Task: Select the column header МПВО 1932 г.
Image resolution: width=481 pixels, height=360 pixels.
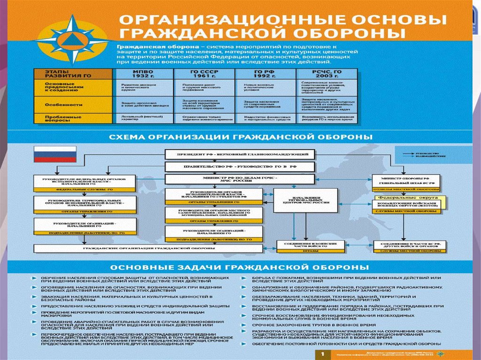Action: coord(143,74)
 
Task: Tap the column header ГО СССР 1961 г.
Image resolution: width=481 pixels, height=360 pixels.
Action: coord(203,74)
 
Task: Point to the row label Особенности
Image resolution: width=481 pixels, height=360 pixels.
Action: coord(58,105)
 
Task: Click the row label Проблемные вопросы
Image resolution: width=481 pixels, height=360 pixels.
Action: coord(58,118)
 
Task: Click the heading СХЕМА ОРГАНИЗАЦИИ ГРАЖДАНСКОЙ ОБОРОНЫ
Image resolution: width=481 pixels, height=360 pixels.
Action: coord(240,137)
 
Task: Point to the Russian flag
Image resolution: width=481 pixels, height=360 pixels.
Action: coord(54,154)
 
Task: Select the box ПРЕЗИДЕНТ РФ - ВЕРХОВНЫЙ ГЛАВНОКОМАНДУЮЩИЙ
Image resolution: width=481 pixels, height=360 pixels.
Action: coord(239,154)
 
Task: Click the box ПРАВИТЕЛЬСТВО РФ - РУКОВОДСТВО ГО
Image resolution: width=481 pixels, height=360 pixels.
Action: coord(239,167)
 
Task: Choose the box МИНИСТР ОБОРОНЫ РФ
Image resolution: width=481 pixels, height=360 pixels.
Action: coord(406,180)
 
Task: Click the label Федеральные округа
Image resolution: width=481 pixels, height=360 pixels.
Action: coord(408,199)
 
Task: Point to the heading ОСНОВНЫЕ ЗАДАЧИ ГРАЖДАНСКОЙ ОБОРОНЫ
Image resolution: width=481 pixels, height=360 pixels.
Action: coord(240,267)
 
